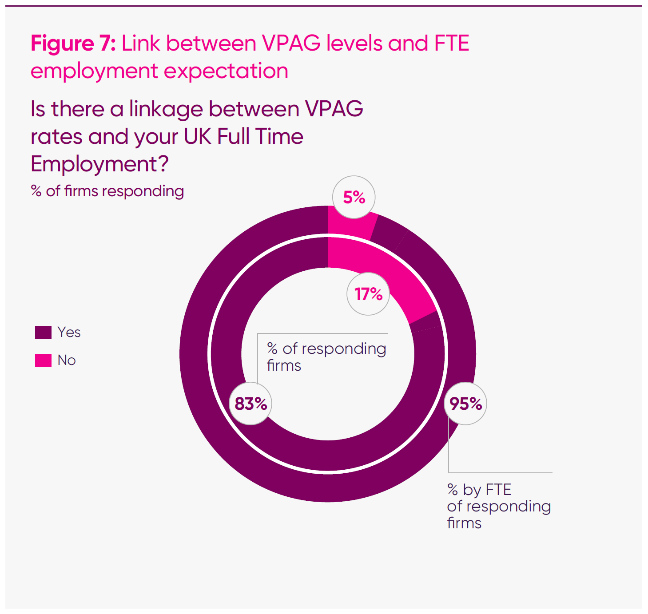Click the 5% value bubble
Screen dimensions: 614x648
tap(354, 197)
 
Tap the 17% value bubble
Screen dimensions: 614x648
tap(368, 294)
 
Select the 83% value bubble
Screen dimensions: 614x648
tap(250, 404)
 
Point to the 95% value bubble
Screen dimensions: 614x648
tap(465, 404)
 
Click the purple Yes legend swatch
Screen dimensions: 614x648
tap(43, 332)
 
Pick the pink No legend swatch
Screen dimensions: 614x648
tap(43, 360)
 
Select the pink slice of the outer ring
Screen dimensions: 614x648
tap(349, 224)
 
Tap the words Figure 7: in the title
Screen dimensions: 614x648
tap(73, 44)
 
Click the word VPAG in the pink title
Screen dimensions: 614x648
tap(291, 44)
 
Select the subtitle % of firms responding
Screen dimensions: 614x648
tap(107, 191)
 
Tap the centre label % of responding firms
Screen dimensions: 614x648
tap(326, 357)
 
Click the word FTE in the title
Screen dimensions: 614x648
tap(452, 44)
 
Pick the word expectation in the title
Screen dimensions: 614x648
tap(226, 71)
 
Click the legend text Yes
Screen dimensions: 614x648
tap(69, 332)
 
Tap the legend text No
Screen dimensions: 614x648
tap(67, 360)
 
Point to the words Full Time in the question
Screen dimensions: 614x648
tap(260, 136)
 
